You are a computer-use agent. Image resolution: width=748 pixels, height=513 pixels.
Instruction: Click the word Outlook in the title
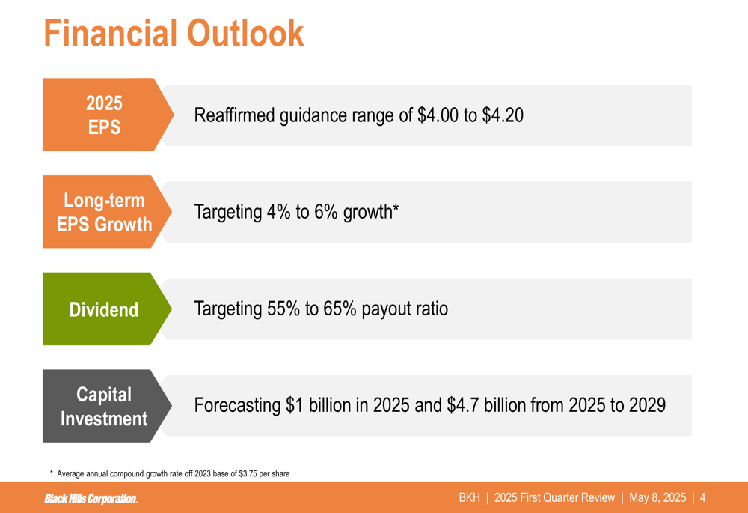click(245, 33)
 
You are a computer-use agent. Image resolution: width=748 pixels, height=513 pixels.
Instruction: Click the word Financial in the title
click(110, 33)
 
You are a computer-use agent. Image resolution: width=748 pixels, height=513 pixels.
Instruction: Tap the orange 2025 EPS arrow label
click(108, 115)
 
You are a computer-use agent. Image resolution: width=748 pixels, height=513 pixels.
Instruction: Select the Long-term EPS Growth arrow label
click(107, 212)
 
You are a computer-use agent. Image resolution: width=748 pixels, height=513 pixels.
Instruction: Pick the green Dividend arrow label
click(107, 309)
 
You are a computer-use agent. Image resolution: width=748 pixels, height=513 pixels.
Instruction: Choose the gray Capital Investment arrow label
click(107, 406)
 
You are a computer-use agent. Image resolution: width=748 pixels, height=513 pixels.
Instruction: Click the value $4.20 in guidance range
click(503, 115)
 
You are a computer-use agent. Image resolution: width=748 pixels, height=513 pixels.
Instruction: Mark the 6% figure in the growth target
click(326, 212)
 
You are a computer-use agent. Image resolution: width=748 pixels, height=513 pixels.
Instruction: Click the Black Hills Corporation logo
click(91, 499)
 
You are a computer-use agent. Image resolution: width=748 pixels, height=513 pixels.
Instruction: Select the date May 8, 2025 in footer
click(657, 498)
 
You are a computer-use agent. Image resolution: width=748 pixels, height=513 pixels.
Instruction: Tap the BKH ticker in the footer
click(470, 498)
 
